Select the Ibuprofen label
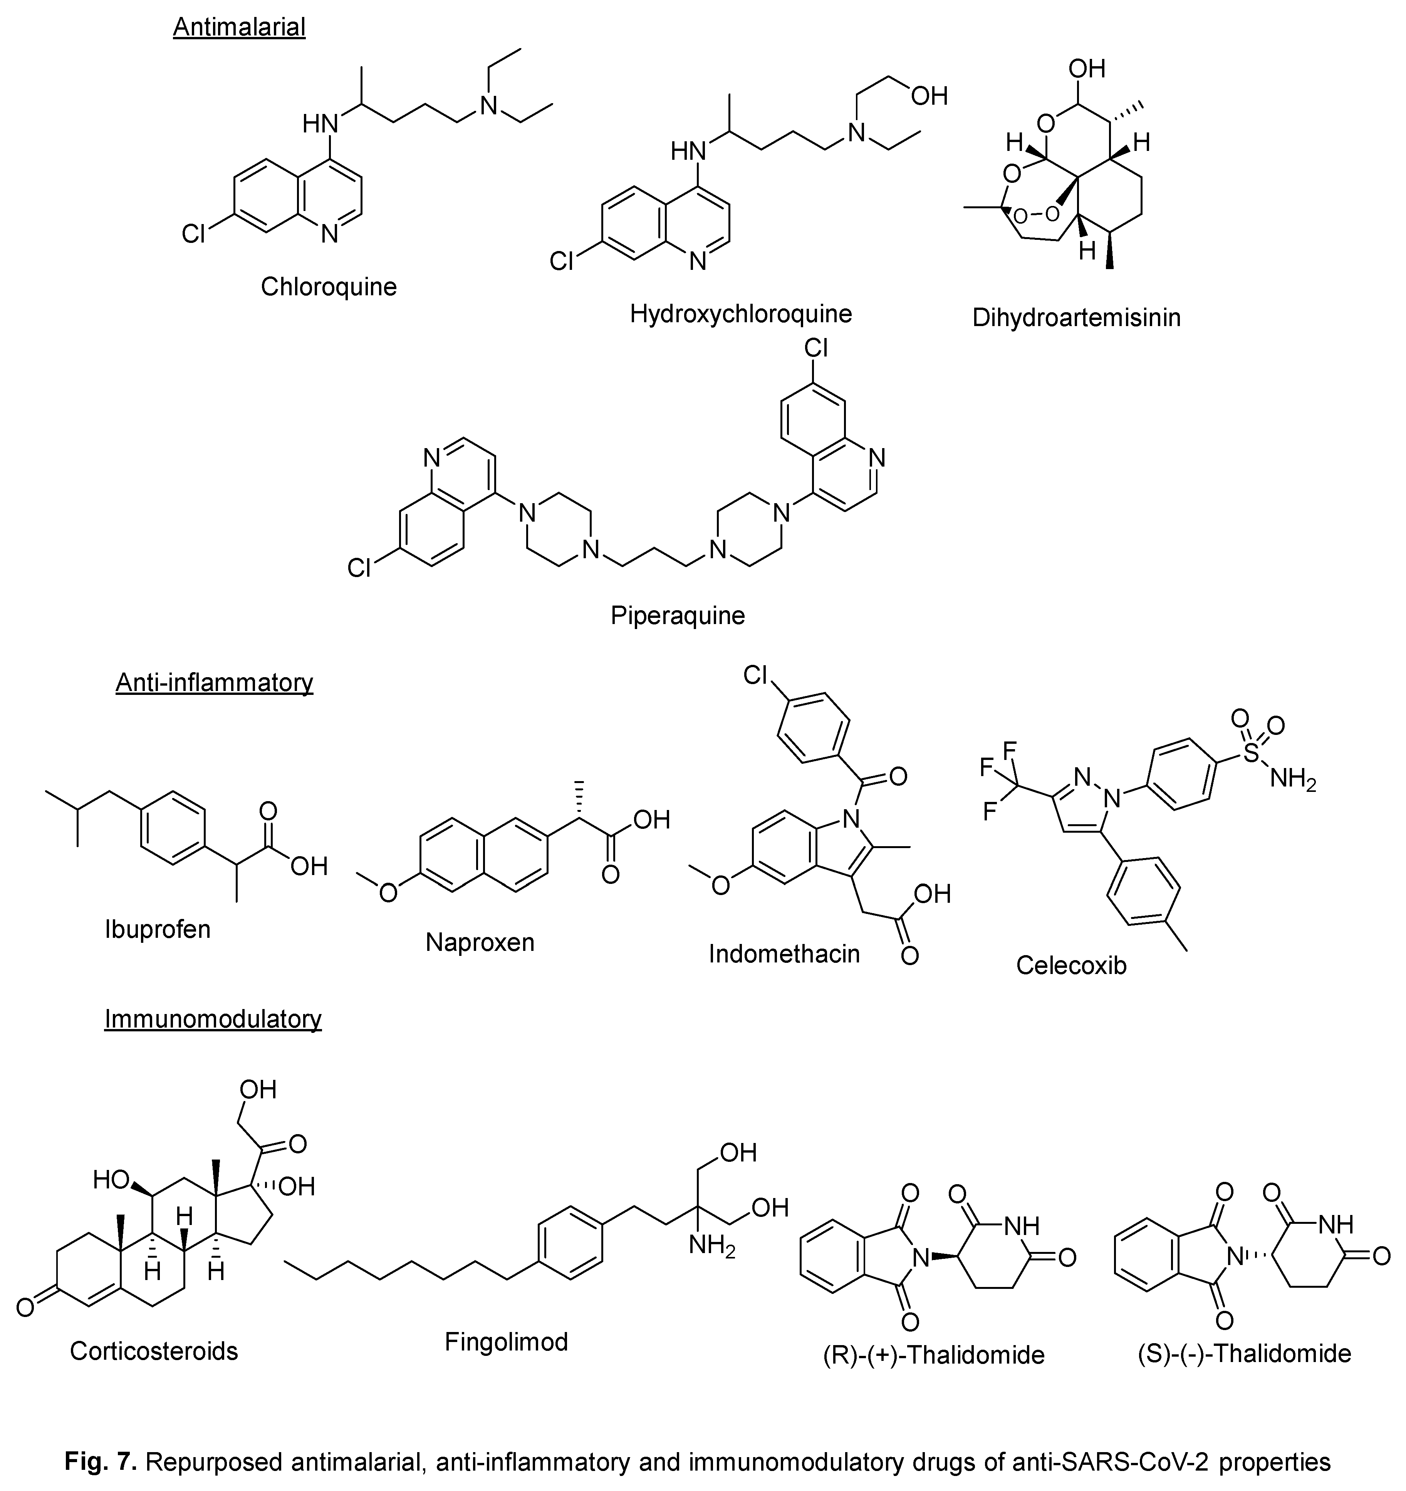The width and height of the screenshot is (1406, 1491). click(158, 929)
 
